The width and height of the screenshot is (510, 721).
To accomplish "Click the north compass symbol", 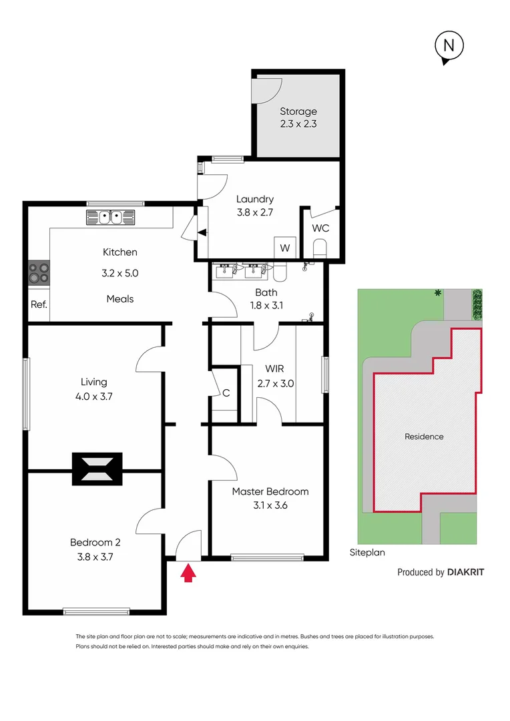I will click(x=449, y=47).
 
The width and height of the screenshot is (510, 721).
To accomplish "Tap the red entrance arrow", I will click(x=189, y=573).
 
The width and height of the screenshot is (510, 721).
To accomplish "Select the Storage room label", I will click(x=298, y=111).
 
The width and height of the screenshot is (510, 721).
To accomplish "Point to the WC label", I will click(x=320, y=228).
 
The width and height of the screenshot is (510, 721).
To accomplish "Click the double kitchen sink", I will click(x=110, y=217).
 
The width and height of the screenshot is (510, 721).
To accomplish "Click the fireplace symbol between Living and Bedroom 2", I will click(x=97, y=469).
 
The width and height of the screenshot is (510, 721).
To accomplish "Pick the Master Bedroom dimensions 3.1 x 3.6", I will click(x=270, y=505).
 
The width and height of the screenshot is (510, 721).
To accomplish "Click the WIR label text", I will click(x=275, y=369).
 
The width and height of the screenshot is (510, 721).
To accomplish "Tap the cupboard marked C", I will click(x=226, y=393).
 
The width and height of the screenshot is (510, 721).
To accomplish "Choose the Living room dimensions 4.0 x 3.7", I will click(x=94, y=396).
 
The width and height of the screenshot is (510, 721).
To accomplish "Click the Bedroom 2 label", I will click(x=95, y=542).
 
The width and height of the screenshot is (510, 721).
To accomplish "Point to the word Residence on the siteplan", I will click(x=424, y=437).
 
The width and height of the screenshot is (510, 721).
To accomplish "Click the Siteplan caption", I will click(x=367, y=553).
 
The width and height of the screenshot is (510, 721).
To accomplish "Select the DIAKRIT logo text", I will click(x=465, y=572).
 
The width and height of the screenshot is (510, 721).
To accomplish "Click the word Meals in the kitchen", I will click(x=120, y=298).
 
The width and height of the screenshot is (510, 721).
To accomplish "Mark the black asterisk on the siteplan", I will click(x=437, y=293).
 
